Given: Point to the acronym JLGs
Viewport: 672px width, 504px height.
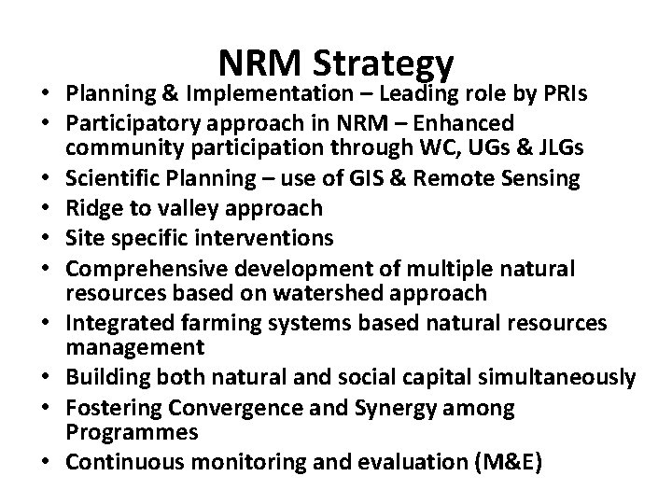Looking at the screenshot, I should [497, 149].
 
